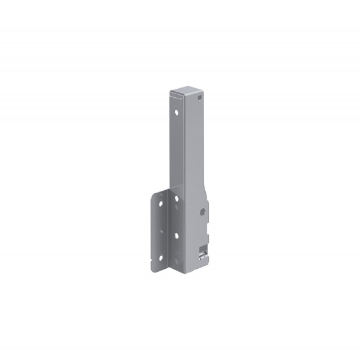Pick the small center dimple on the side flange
click(x=160, y=230)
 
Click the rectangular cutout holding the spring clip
click(x=204, y=249)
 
